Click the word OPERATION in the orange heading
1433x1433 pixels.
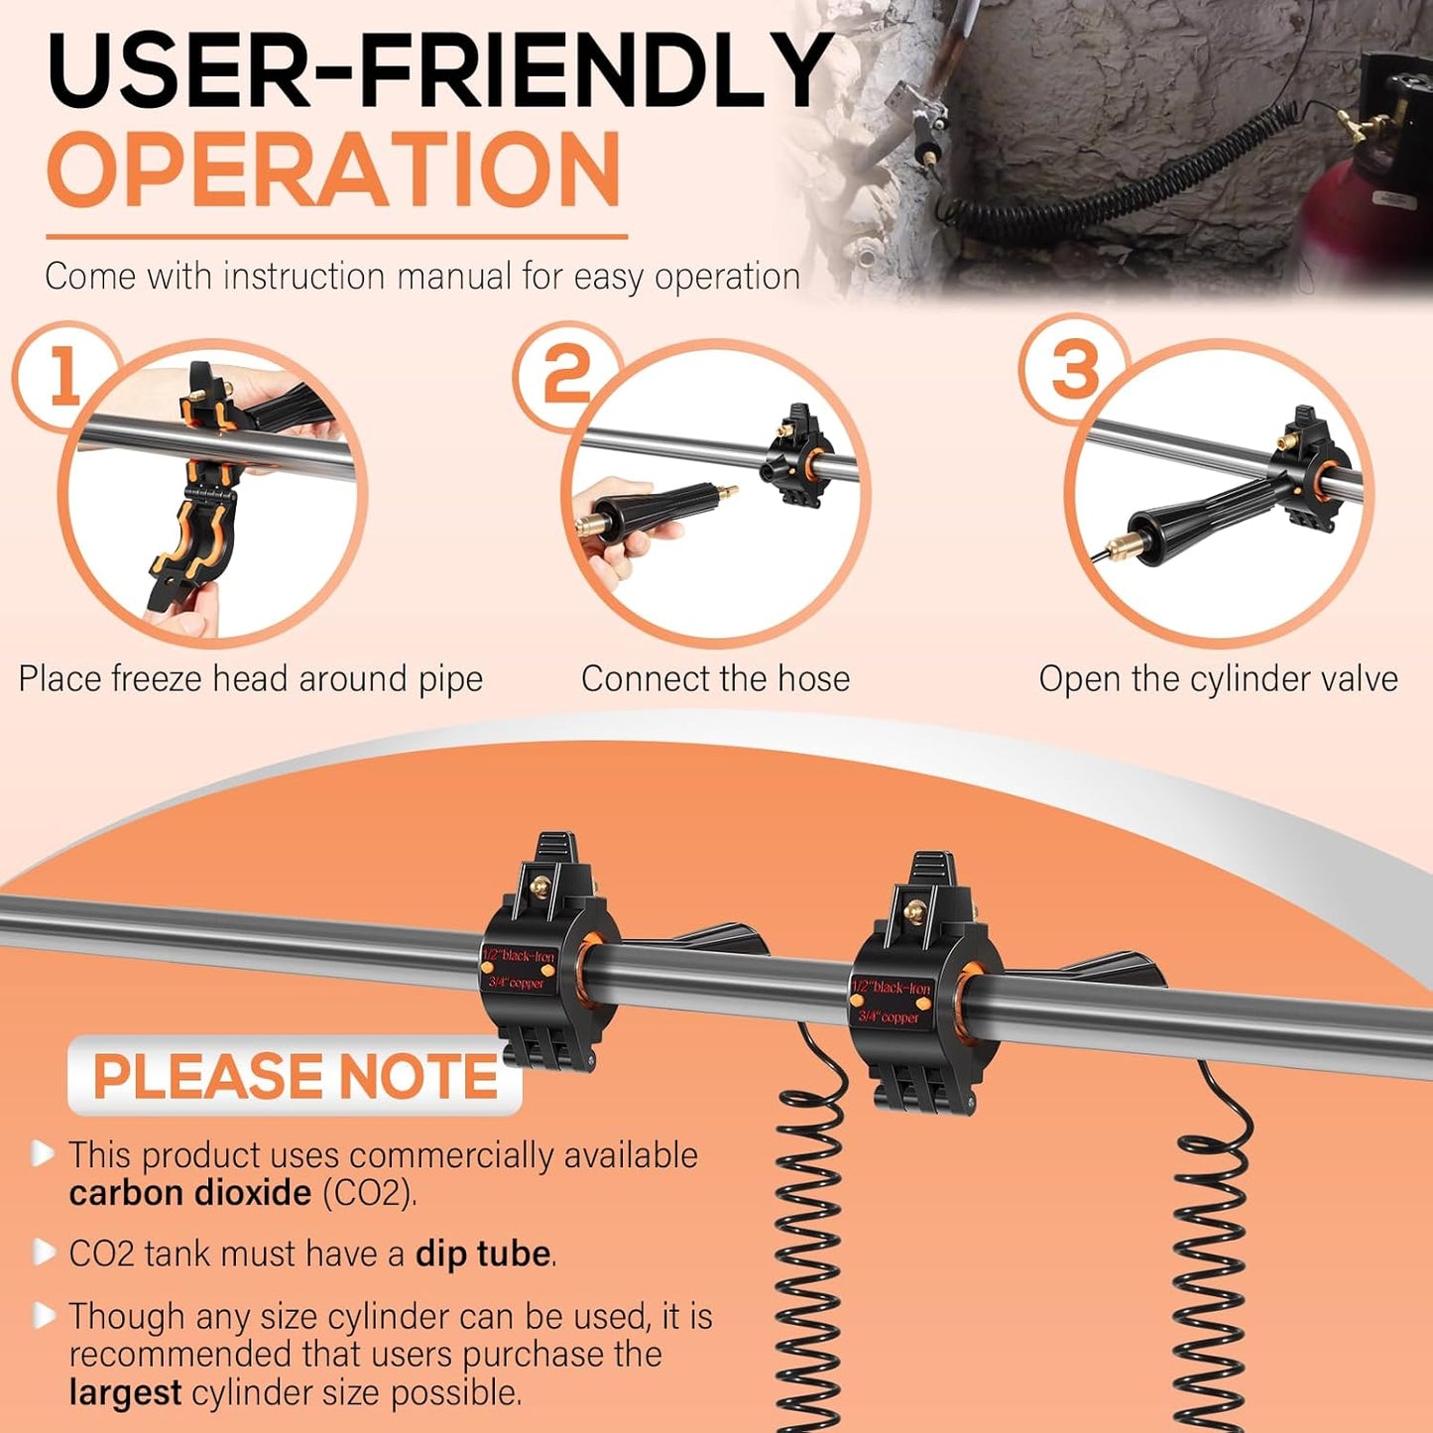click(x=333, y=170)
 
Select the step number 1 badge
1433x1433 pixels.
click(x=64, y=378)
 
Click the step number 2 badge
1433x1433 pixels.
click(x=566, y=378)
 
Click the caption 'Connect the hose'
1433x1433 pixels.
click(x=715, y=679)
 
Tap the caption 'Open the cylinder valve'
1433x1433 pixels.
click(x=1218, y=679)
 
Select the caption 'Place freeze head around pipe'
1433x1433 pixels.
click(x=251, y=679)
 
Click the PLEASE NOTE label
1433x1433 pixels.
click(x=296, y=1076)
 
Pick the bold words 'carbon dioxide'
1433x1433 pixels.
click(x=190, y=1193)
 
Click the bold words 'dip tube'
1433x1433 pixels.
click(x=483, y=1254)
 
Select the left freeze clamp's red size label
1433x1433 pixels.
click(x=519, y=969)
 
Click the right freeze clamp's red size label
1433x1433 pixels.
click(x=891, y=1002)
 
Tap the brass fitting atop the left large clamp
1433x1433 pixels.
click(x=541, y=887)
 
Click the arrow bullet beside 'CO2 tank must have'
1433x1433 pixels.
click(x=44, y=1253)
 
